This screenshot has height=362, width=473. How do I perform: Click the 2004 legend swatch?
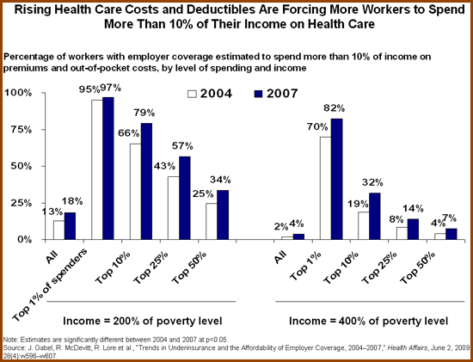click(x=192, y=94)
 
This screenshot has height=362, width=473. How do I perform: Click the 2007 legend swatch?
click(x=258, y=94)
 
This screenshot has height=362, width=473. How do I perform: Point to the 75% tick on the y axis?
click(x=43, y=130)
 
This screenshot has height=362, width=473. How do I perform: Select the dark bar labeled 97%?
click(x=108, y=169)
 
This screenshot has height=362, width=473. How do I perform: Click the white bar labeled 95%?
click(x=97, y=170)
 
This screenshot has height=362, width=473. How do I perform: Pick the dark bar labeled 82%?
click(x=337, y=179)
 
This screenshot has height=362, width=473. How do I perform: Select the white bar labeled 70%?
click(x=325, y=188)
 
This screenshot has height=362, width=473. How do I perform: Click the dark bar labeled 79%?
click(x=146, y=181)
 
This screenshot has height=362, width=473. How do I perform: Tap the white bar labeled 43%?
click(x=173, y=208)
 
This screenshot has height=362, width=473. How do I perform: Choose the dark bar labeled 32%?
click(x=375, y=217)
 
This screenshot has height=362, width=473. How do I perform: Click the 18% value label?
click(x=72, y=201)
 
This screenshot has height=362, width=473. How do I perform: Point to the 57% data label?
click(x=182, y=146)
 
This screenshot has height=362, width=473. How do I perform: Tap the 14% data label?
click(x=414, y=208)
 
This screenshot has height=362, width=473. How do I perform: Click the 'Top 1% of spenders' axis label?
click(x=50, y=285)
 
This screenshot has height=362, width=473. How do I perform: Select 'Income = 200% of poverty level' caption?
click(x=143, y=321)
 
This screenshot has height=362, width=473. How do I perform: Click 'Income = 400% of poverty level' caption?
click(x=368, y=321)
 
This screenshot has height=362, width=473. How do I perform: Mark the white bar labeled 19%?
click(x=364, y=226)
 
